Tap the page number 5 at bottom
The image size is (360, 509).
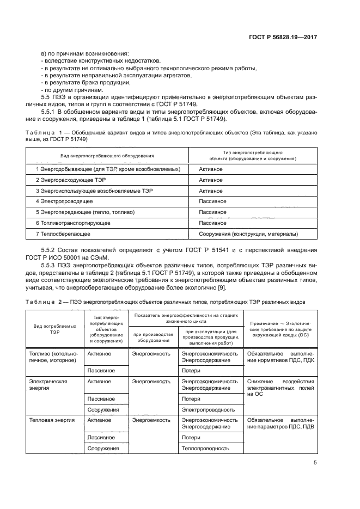pyautogui.click(x=315, y=463)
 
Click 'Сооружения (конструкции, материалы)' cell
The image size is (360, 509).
pyautogui.click(x=248, y=234)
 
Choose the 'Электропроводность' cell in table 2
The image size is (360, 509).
pyautogui.click(x=209, y=409)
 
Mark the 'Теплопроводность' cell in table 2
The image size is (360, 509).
pyautogui.click(x=206, y=449)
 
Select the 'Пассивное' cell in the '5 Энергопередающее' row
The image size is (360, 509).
pyautogui.click(x=213, y=212)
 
